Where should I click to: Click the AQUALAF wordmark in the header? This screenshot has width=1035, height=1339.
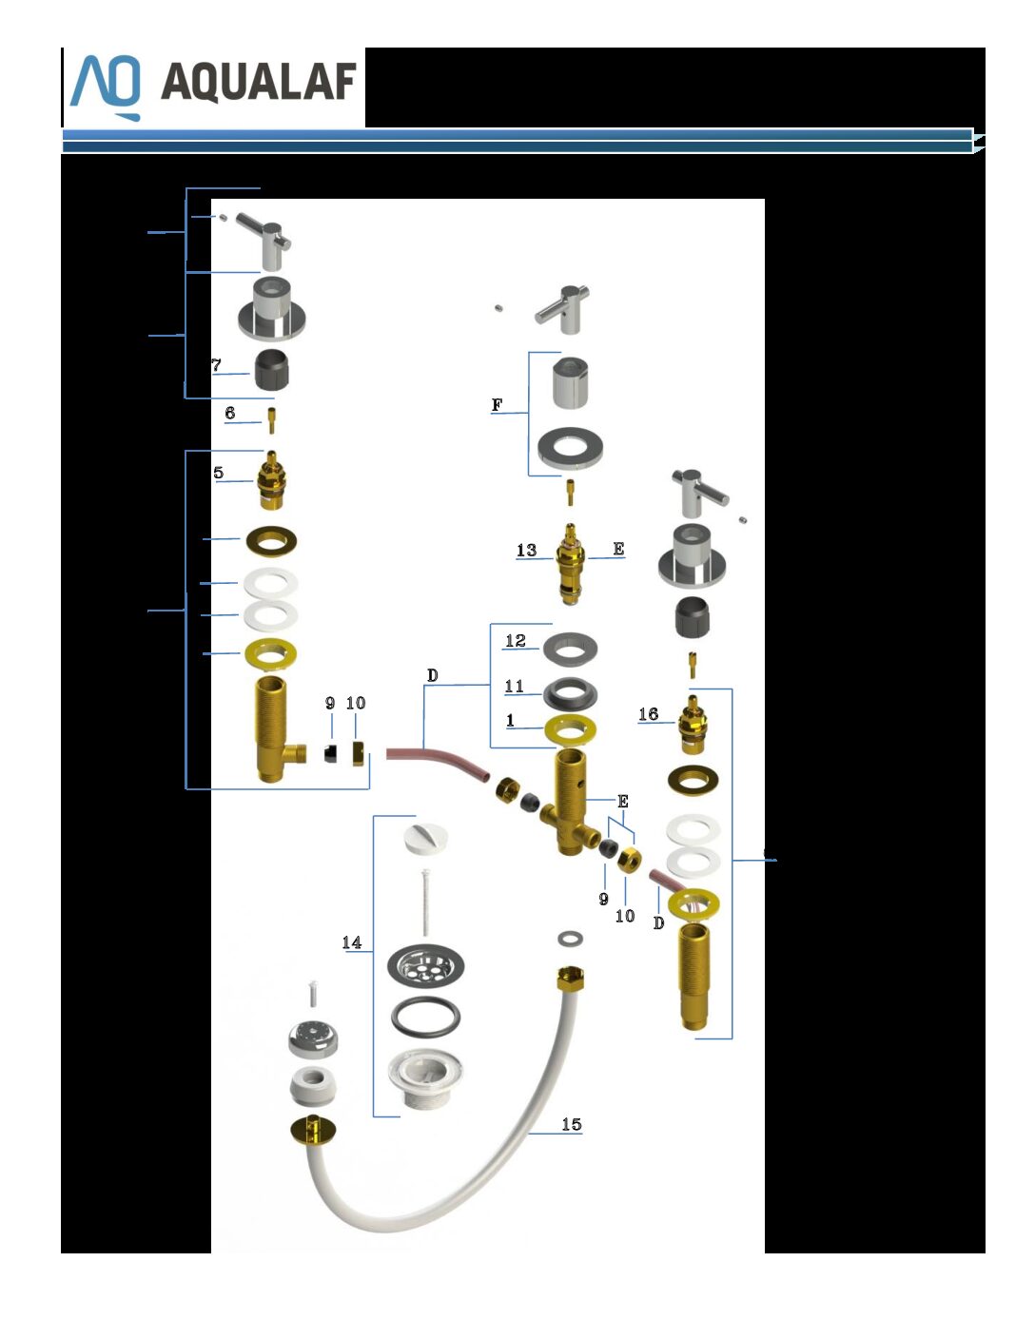point(259,82)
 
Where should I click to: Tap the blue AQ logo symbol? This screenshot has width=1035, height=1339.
point(106,87)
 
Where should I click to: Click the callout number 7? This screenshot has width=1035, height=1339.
point(216,365)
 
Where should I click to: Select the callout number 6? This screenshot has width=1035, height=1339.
point(230,413)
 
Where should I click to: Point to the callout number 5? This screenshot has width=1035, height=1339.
point(218,473)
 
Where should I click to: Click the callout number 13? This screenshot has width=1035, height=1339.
point(526,550)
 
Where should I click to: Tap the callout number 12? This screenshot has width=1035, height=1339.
point(516,641)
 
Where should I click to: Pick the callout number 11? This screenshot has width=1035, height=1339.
point(514,686)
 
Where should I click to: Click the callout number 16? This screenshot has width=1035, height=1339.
point(648,714)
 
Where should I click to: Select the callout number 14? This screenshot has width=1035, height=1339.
point(351,942)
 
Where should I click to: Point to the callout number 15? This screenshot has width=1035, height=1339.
point(571,1125)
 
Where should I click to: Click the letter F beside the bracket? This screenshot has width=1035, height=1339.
point(497,405)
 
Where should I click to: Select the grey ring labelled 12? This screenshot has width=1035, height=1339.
point(570,650)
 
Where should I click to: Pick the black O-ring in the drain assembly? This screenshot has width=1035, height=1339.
point(425,1017)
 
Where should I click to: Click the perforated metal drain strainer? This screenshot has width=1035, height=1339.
point(425,966)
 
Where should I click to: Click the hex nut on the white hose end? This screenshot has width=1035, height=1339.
point(570,978)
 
